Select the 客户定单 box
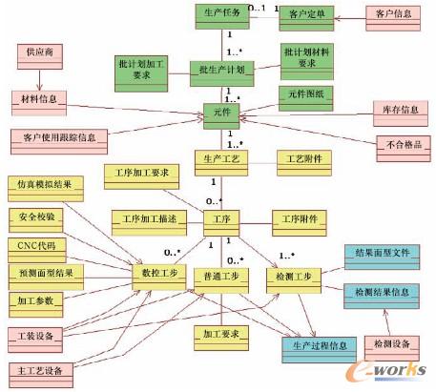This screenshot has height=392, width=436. tap(307, 15)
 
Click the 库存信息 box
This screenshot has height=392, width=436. tap(394, 111)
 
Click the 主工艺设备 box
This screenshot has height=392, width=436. tap(41, 369)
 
